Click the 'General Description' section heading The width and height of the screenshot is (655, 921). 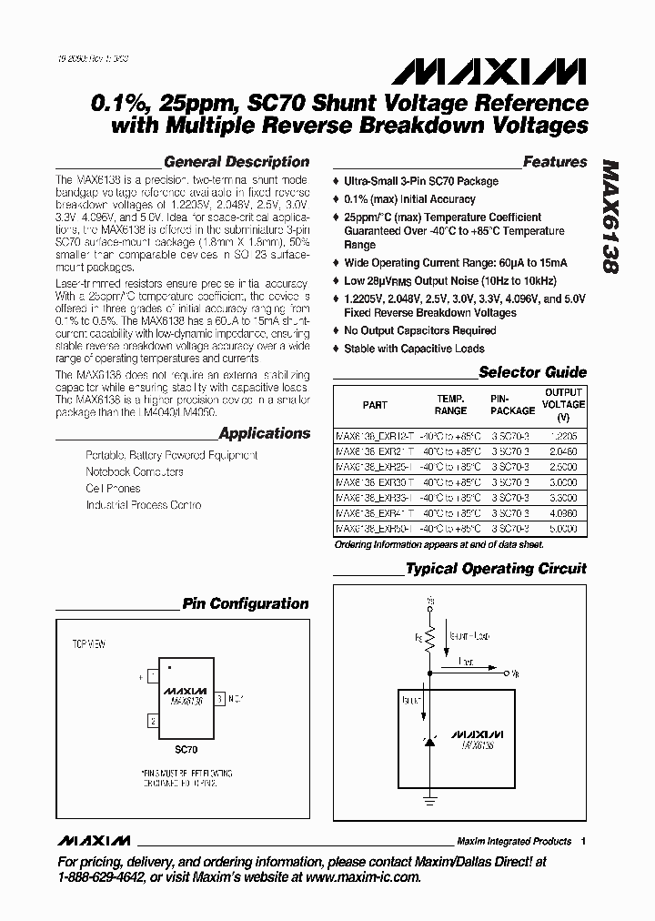click(x=237, y=162)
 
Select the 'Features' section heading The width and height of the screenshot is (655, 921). click(x=555, y=162)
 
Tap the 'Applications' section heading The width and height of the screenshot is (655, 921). click(x=265, y=433)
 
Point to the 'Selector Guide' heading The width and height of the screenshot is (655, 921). click(x=532, y=371)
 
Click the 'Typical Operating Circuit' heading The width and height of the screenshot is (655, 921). click(x=496, y=569)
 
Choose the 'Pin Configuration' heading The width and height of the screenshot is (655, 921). click(x=245, y=603)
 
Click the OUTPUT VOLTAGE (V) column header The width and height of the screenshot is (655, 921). click(x=564, y=404)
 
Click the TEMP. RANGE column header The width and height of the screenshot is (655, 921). click(x=450, y=404)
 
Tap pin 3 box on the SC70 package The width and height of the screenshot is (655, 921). click(x=219, y=700)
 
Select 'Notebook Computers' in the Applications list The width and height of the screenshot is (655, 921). click(x=135, y=471)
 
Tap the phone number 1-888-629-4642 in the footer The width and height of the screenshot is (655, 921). click(x=101, y=877)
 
